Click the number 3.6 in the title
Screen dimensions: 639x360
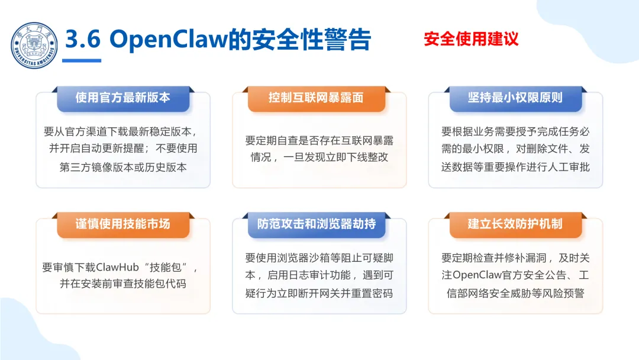(x=82, y=40)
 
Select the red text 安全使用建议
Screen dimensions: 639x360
(x=471, y=39)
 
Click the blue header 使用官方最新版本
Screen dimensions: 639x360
(x=123, y=98)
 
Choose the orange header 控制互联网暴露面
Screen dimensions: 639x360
(x=316, y=98)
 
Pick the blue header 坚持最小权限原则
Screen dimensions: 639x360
(x=515, y=98)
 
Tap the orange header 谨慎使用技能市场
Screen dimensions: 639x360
(x=123, y=224)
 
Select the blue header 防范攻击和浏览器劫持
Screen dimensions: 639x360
(x=316, y=224)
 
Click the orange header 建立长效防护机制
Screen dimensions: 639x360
(x=515, y=224)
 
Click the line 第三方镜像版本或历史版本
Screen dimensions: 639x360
(x=123, y=167)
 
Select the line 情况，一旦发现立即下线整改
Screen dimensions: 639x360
(x=319, y=158)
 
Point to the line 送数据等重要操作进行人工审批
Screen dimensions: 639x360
(x=515, y=167)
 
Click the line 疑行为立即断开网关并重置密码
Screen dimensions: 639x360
(x=319, y=293)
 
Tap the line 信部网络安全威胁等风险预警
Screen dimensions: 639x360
(x=515, y=293)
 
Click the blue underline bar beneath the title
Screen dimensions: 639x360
(x=82, y=60)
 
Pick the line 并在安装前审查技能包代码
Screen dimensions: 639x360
(x=123, y=284)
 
